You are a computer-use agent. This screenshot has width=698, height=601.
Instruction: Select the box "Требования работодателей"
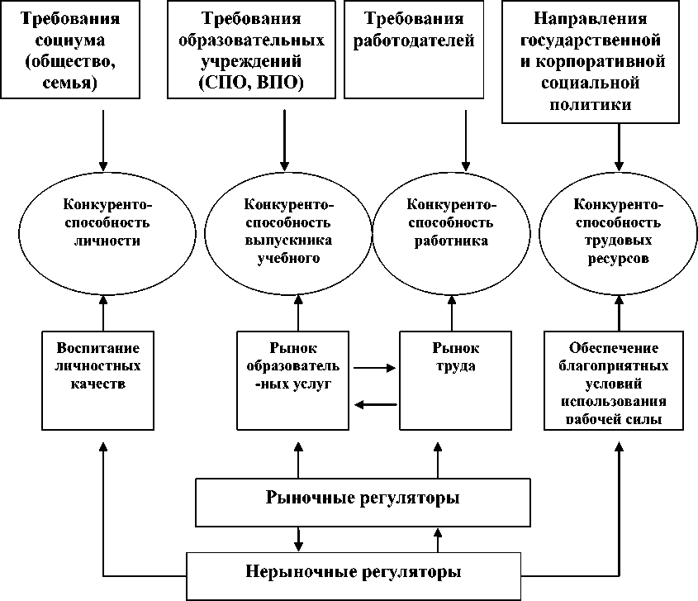(x=412, y=50)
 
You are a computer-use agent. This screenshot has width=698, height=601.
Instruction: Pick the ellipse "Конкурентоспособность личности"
(x=103, y=222)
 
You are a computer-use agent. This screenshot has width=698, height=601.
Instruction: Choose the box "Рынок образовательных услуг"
(x=294, y=380)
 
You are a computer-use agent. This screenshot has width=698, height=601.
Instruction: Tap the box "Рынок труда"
(x=451, y=380)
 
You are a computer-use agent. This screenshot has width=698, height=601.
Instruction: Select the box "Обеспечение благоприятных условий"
(x=614, y=380)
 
